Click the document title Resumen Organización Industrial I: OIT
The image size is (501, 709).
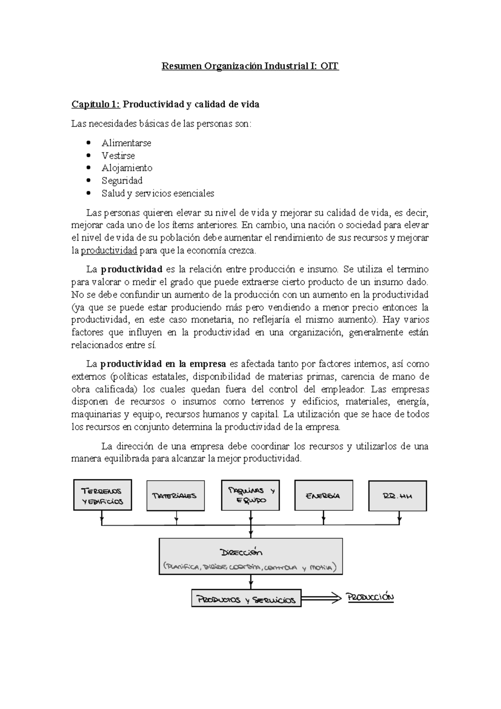click(250, 66)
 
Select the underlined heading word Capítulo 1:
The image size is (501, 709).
click(96, 105)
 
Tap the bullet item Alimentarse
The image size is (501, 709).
click(126, 143)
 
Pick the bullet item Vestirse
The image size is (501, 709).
click(118, 156)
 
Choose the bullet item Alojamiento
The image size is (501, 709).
click(127, 168)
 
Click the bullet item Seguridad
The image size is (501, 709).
click(122, 181)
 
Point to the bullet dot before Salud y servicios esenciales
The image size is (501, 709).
click(88, 193)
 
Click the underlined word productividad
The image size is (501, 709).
click(109, 251)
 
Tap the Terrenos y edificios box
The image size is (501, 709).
click(102, 495)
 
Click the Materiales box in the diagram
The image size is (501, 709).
click(175, 496)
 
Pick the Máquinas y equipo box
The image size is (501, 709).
click(250, 495)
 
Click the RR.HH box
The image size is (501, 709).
click(397, 496)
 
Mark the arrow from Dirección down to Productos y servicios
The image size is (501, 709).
click(250, 581)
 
